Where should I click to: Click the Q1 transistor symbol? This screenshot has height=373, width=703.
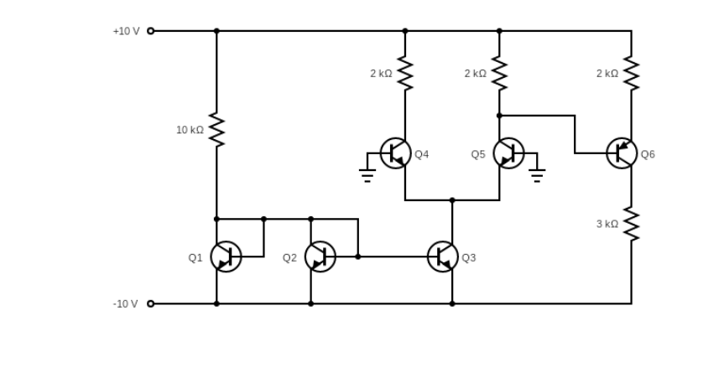[x=225, y=256]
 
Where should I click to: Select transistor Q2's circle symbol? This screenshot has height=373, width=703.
[x=320, y=256]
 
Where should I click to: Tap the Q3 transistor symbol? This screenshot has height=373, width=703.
[x=443, y=256]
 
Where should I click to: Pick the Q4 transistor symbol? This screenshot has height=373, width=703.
[x=396, y=153]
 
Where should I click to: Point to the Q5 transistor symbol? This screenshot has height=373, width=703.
[x=508, y=153]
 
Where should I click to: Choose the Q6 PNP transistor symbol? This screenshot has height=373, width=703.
[x=622, y=153]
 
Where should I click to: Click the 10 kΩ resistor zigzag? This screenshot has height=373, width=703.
[x=216, y=130]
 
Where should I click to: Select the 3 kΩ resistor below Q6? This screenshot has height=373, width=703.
[x=632, y=224]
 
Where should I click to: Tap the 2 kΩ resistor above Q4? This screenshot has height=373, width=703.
[x=405, y=74]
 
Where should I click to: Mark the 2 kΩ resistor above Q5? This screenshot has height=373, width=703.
[x=499, y=74]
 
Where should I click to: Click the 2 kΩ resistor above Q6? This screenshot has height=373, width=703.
[x=632, y=74]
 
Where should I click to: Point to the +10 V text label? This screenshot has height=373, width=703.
[x=126, y=31]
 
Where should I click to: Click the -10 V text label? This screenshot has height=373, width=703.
[x=126, y=303]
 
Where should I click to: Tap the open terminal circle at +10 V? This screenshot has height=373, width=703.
[x=151, y=31]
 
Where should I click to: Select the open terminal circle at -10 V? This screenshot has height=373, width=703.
[x=151, y=303]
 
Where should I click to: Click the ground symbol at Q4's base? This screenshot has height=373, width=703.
[x=367, y=174]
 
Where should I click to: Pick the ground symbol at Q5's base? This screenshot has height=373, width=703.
[x=537, y=174]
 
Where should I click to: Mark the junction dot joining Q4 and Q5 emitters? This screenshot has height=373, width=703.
[x=452, y=200]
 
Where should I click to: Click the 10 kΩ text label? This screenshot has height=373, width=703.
[x=190, y=130]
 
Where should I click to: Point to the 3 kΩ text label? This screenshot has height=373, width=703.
[x=607, y=224]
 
